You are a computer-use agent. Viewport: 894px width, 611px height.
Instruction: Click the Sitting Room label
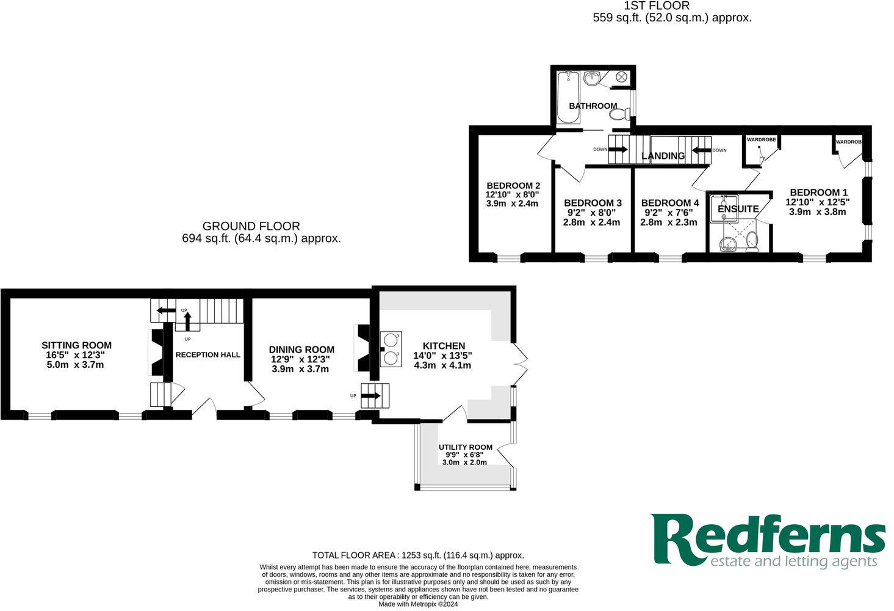[76, 345]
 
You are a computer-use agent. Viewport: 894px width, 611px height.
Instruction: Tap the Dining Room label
[301, 349]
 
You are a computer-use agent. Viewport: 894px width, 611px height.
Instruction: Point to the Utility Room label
[465, 447]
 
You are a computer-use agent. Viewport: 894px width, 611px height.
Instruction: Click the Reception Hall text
[207, 355]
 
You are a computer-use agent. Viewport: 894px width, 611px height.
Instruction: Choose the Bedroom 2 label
[513, 186]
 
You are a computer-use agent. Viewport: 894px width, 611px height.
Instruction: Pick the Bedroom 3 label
[592, 203]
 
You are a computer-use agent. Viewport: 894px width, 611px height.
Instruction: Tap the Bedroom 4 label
[669, 203]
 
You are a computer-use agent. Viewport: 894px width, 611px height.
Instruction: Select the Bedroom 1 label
[818, 192]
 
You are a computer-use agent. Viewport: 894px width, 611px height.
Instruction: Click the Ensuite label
[738, 209]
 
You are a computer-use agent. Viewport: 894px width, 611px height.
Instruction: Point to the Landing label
[663, 156]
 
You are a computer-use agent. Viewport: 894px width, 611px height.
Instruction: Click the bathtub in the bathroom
[567, 97]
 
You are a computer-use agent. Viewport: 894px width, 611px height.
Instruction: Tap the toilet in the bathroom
[619, 114]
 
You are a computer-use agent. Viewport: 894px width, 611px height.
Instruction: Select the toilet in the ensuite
[753, 243]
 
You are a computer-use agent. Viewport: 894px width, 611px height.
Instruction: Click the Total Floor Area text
[418, 555]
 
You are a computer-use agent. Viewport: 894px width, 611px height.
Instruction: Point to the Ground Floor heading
[251, 227]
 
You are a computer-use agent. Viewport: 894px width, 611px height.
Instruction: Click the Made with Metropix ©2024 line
[417, 604]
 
